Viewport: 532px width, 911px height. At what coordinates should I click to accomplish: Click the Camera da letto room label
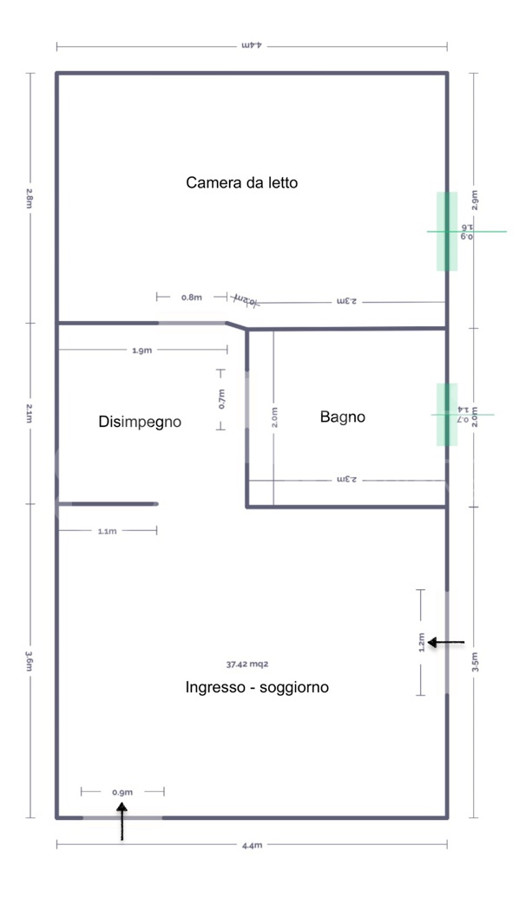click(242, 183)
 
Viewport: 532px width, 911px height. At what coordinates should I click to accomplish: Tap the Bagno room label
click(343, 417)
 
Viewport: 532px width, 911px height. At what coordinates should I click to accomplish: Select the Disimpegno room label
click(140, 423)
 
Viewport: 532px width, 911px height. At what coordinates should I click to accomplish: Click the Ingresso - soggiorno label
click(257, 687)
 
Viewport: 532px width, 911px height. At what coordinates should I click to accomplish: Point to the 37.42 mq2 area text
click(247, 664)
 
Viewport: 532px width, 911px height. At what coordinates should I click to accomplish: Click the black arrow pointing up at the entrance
click(122, 821)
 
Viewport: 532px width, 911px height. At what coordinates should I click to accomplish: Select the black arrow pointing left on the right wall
click(446, 643)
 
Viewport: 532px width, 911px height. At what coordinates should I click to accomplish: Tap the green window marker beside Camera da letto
click(447, 232)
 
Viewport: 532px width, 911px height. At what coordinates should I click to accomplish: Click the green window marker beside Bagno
click(447, 415)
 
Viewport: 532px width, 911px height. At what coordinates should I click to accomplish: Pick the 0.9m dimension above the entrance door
click(122, 792)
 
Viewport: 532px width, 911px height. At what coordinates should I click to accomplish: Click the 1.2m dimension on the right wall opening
click(422, 642)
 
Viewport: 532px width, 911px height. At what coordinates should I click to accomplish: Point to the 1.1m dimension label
click(107, 531)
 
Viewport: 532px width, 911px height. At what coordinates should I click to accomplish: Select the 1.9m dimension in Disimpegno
click(142, 351)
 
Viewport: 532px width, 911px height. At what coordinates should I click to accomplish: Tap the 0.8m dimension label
click(192, 298)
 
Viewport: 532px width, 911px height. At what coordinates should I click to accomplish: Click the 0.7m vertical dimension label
click(220, 398)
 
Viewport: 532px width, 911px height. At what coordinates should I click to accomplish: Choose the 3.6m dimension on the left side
click(30, 661)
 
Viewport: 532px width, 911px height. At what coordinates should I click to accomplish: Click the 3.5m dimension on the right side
click(474, 662)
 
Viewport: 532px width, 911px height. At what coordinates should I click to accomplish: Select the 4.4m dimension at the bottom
click(252, 845)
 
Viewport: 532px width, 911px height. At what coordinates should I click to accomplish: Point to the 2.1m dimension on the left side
click(30, 413)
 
